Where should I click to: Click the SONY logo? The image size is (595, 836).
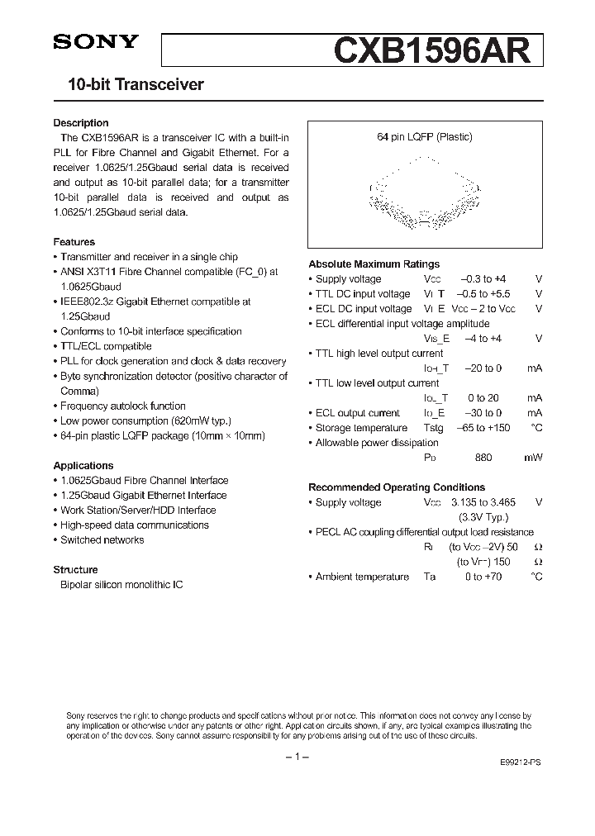(96, 42)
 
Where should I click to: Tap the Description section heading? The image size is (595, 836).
(81, 123)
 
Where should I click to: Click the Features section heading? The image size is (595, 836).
(74, 242)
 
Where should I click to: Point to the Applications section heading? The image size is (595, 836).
(83, 466)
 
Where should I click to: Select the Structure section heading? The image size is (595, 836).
(76, 570)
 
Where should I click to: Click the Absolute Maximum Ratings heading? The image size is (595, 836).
(374, 264)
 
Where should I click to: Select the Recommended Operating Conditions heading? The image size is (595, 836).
(397, 487)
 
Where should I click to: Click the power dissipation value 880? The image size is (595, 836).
(483, 458)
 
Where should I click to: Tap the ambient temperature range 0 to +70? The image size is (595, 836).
(483, 577)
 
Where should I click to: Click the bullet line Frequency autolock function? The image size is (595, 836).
(122, 406)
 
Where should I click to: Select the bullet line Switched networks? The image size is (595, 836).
(102, 540)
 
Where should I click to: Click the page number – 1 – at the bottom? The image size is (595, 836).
(297, 758)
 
